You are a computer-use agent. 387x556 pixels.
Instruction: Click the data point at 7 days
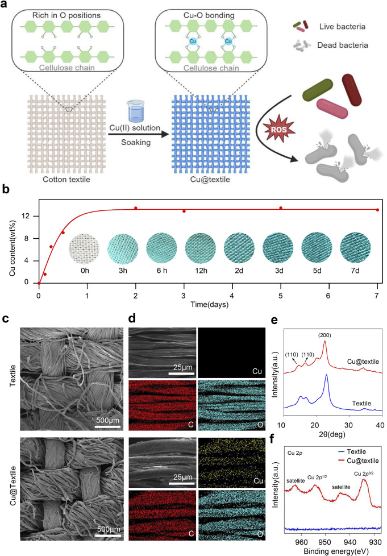coord(377,210)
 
